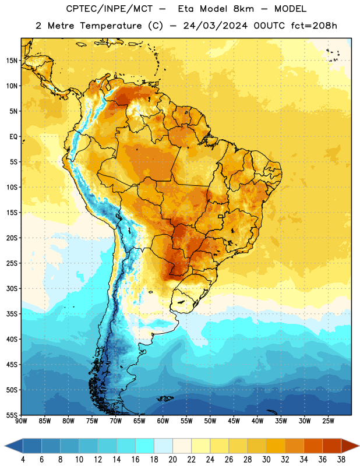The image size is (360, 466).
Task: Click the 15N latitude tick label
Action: [12, 61]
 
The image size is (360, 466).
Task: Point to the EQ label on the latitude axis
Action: [13, 137]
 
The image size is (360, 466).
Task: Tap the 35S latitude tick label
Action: [12, 314]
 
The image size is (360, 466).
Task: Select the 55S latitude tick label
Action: [12, 415]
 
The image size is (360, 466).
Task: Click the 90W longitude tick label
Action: [21, 421]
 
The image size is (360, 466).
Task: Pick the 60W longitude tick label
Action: [163, 421]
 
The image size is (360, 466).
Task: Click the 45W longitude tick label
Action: [234, 421]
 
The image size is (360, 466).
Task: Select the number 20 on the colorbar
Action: [172, 460]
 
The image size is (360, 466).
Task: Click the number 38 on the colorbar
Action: [341, 460]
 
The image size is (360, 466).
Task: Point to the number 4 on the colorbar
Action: [23, 460]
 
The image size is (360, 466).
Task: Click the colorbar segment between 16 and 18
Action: [144, 446]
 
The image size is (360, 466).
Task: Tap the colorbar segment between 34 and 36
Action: [313, 446]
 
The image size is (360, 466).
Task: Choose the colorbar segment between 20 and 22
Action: [182, 446]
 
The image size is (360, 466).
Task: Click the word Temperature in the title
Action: [111, 26]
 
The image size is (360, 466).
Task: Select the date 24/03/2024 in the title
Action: [216, 26]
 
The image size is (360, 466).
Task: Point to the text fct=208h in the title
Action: [314, 26]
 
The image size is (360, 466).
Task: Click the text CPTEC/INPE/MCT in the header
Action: [109, 9]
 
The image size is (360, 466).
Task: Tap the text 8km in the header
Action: [243, 9]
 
